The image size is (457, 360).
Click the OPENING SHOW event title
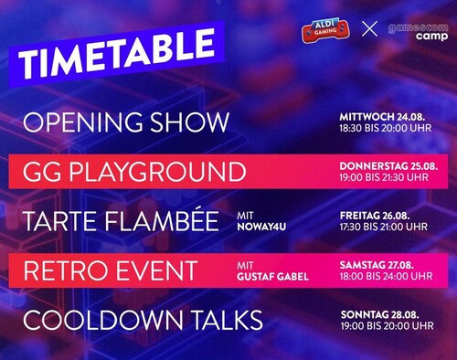(x=125, y=122)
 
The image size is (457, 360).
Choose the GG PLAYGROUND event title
(x=134, y=172)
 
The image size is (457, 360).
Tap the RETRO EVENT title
(x=110, y=270)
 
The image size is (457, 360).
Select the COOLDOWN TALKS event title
(x=143, y=320)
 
